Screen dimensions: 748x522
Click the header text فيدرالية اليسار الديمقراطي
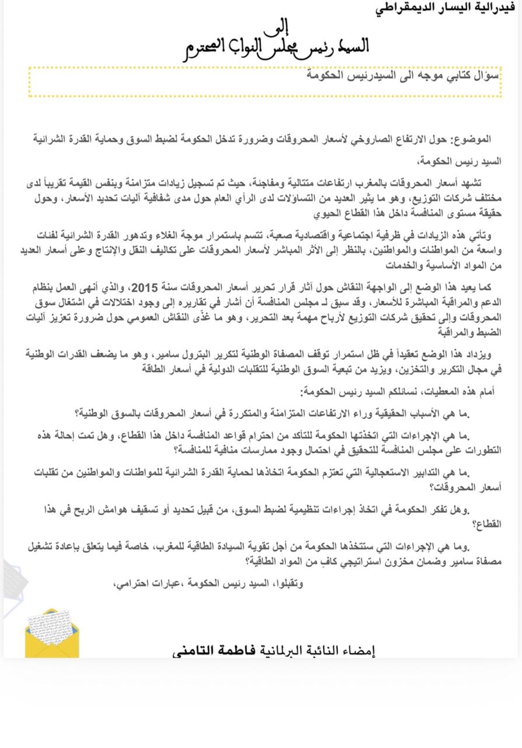point(445,8)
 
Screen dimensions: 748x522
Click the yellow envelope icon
point(52,633)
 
